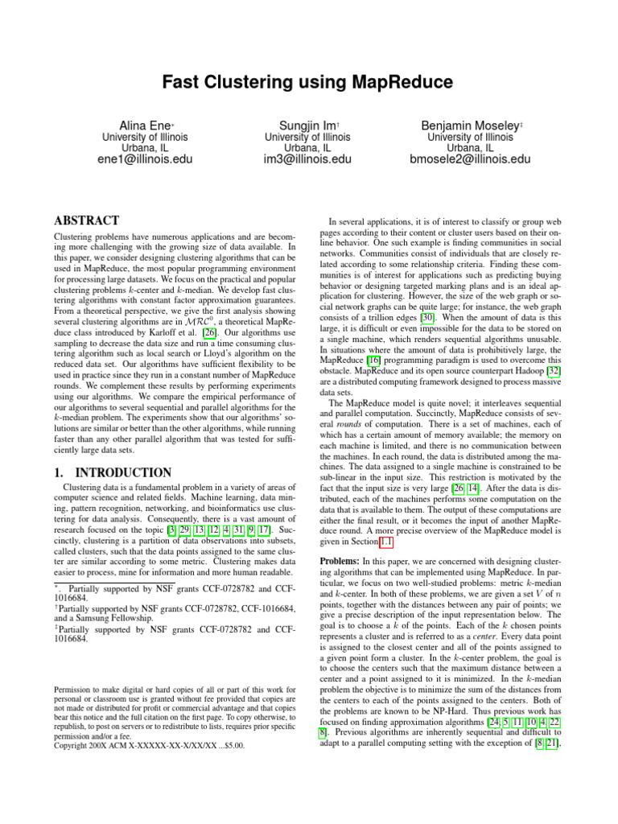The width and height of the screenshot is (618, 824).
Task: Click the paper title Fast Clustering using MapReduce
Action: (x=308, y=82)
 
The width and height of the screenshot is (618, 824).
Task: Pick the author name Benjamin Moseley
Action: (x=470, y=126)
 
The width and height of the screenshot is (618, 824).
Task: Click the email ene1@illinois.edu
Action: (x=145, y=159)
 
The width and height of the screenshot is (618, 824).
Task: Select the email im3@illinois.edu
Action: (x=308, y=159)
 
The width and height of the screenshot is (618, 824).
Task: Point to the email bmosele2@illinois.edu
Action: (x=471, y=159)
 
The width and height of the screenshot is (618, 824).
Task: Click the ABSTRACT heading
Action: (x=86, y=220)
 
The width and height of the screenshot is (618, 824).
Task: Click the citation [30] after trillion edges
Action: (x=428, y=318)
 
